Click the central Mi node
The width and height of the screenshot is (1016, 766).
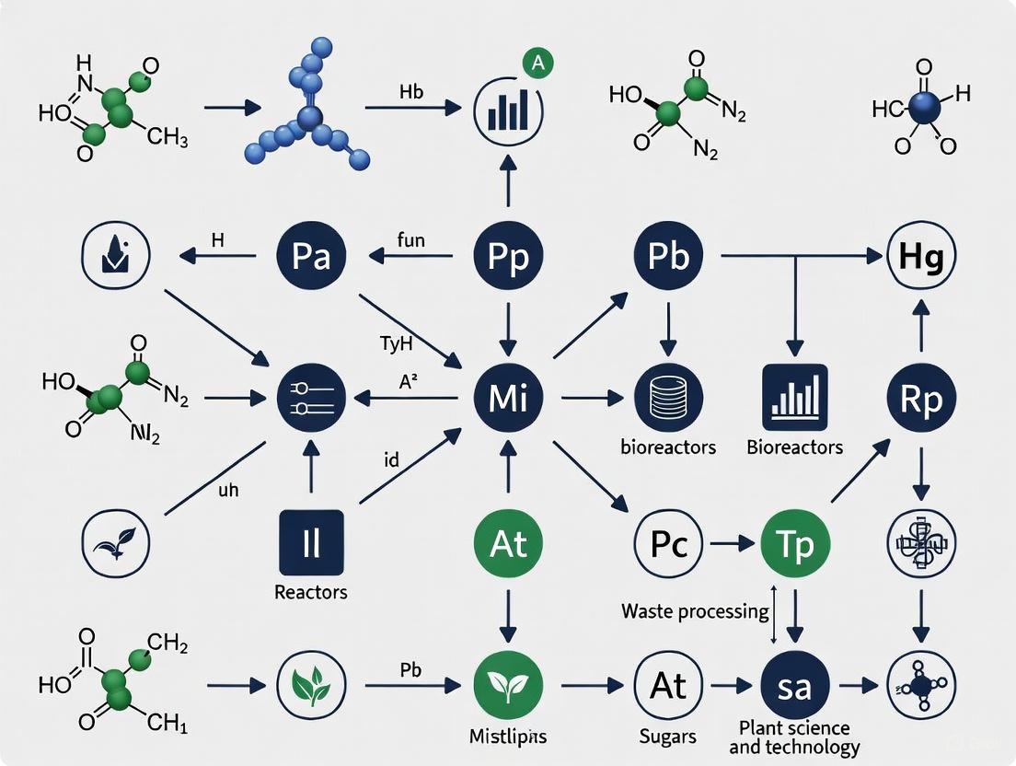pos(507,399)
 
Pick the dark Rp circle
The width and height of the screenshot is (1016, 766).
pos(921,399)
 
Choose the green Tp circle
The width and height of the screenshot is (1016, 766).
pos(796,543)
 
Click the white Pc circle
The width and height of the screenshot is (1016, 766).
pos(669,543)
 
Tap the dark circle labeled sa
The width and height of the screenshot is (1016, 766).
pos(796,686)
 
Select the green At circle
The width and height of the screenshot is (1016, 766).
pos(507,543)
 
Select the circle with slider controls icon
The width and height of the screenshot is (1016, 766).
pos(311,399)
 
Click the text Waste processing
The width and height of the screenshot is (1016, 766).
pos(695,611)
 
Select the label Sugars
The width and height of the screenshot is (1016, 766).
pos(669,737)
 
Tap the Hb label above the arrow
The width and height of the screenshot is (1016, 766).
pos(411,91)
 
